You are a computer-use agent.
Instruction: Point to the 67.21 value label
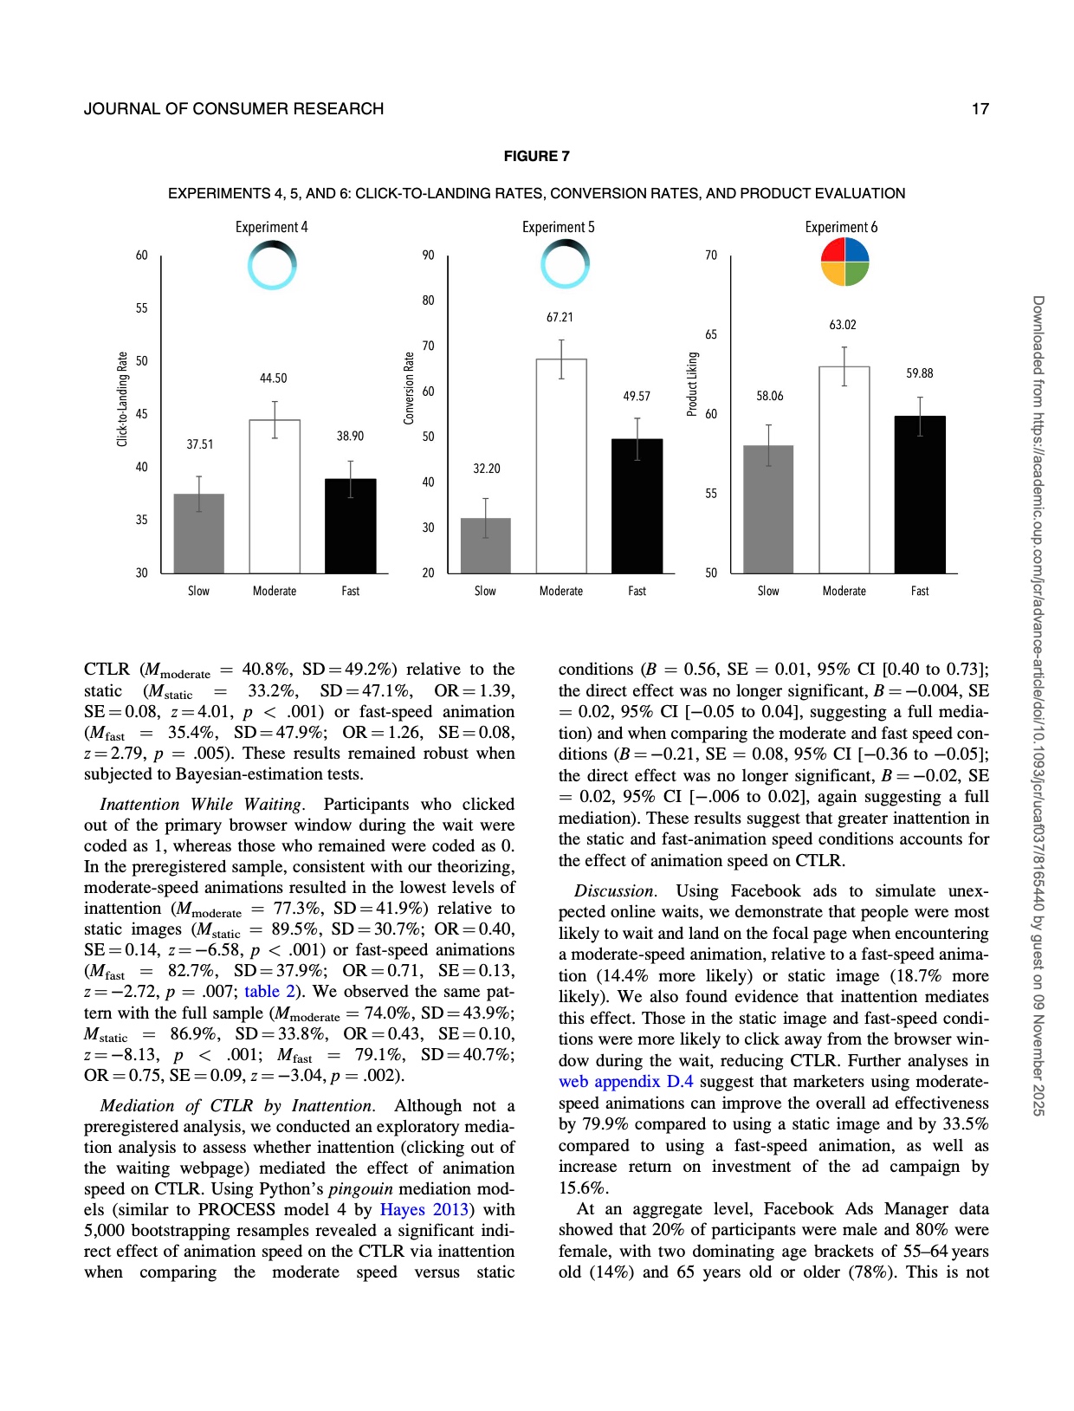(x=560, y=318)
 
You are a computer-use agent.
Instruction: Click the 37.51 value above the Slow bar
(x=200, y=444)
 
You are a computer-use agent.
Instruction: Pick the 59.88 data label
(x=920, y=373)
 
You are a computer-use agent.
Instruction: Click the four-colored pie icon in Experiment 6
(x=844, y=262)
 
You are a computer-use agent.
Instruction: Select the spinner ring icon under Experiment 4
(x=272, y=264)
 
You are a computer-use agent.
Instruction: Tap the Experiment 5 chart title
(x=559, y=227)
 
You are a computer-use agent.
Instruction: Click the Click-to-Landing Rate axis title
(x=122, y=399)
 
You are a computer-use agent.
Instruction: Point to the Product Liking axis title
(x=692, y=384)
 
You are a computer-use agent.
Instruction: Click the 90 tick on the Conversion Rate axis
(x=428, y=256)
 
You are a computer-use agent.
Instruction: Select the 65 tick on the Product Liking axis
(x=711, y=334)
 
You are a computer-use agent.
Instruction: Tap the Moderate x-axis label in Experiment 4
(x=275, y=591)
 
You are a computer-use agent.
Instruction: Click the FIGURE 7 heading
(x=537, y=156)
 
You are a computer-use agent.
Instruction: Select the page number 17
(x=980, y=109)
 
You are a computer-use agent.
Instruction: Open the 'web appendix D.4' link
(x=625, y=1082)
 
